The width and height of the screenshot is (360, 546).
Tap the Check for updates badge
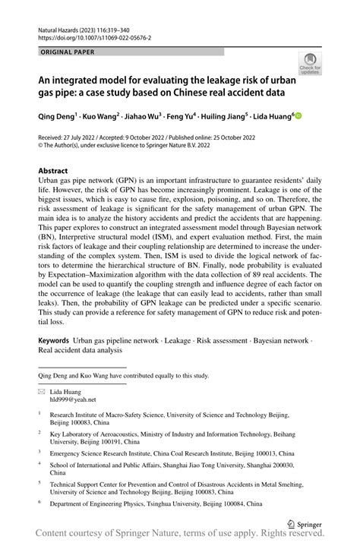[x=310, y=65]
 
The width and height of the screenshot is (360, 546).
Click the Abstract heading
[x=53, y=171]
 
